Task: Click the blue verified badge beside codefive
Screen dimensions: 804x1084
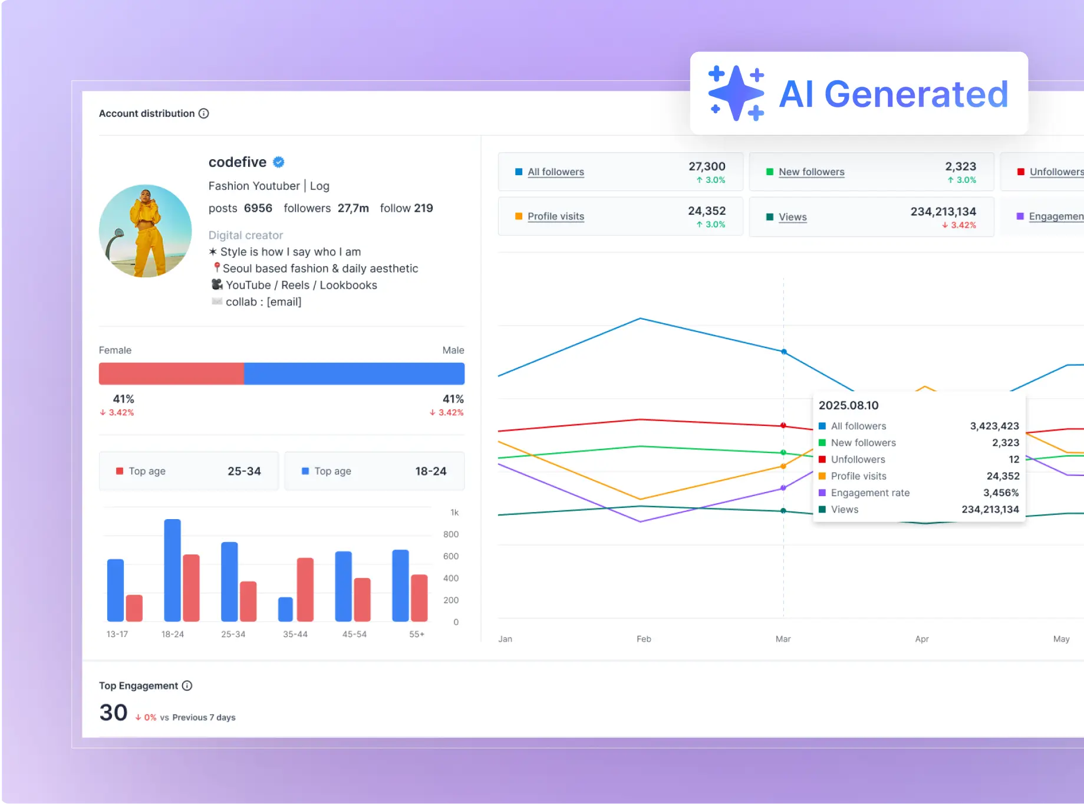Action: tap(279, 162)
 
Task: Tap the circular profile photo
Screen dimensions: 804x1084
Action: tap(145, 231)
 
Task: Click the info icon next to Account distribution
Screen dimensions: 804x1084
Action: tap(204, 113)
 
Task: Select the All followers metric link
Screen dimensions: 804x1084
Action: tap(555, 172)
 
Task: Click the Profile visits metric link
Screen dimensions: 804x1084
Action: tap(555, 216)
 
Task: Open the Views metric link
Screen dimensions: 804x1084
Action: tap(792, 217)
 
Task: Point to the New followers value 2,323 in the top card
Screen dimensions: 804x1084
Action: tap(960, 166)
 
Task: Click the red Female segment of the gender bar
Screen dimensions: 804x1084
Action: tap(171, 373)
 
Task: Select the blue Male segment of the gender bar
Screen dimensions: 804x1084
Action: tap(354, 373)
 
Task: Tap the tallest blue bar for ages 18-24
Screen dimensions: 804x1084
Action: tap(172, 570)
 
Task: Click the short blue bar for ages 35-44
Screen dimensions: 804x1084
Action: tap(285, 609)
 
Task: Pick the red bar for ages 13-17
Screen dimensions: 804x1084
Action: tap(134, 608)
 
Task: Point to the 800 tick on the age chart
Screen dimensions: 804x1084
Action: tap(450, 534)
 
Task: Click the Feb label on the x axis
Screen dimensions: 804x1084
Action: tap(644, 639)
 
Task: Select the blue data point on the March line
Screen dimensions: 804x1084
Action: tap(783, 352)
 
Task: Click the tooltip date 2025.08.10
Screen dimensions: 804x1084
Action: tap(848, 405)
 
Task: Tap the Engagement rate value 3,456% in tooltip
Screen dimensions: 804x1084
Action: tap(1000, 493)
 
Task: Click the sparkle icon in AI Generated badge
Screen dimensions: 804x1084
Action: tap(736, 93)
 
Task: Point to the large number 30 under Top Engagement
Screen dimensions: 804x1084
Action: tap(113, 713)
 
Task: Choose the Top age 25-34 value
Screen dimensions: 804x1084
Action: tap(244, 471)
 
